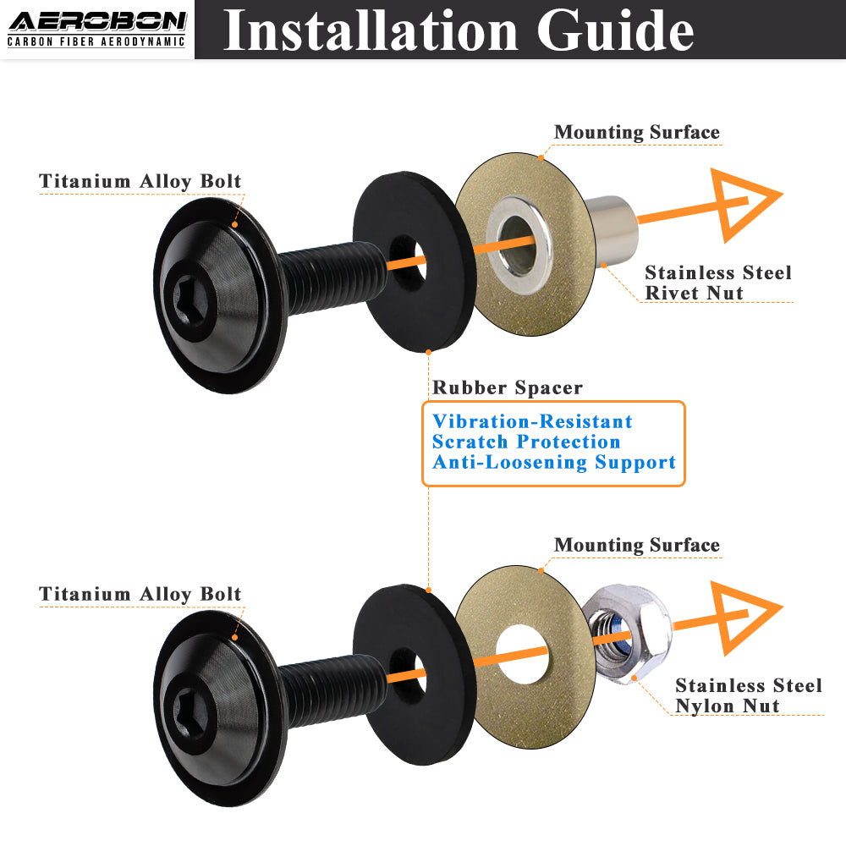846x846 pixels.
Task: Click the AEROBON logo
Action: [97, 29]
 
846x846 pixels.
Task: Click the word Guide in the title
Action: [615, 30]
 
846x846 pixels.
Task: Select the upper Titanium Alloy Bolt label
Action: [140, 181]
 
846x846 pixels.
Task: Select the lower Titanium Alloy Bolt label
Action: [140, 594]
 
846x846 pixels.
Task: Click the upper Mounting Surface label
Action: [637, 132]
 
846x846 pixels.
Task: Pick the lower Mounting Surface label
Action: [637, 545]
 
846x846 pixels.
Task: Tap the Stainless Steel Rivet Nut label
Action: [718, 283]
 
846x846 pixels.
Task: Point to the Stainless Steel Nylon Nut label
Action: [749, 695]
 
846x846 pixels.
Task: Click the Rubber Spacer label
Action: [508, 387]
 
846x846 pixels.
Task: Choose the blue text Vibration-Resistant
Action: [532, 421]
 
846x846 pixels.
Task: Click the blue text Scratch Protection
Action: [526, 442]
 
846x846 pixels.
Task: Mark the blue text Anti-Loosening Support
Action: [554, 463]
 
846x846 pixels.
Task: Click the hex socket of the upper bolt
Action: [191, 300]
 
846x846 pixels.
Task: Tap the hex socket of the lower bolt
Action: [191, 713]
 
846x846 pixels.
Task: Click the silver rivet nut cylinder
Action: [612, 231]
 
